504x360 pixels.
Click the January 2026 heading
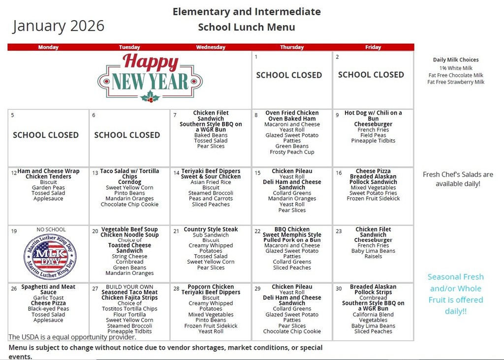pos(59,26)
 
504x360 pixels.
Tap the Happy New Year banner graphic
pos(150,78)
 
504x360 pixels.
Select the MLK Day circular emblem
pos(50,257)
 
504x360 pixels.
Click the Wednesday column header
pos(211,47)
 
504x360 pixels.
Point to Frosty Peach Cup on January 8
pos(292,152)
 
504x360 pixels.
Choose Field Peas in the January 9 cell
pos(373,135)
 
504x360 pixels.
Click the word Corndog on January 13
pos(129,182)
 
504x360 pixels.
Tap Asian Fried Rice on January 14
pos(211,182)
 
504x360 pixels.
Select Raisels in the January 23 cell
pos(373,256)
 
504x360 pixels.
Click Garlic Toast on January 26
pos(48,298)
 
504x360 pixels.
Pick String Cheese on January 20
pos(129,256)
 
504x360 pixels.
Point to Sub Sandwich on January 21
pos(211,235)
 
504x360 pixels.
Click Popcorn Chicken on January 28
pos(211,287)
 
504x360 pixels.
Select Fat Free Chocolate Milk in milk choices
pos(456,75)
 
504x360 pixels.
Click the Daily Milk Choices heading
pos(456,60)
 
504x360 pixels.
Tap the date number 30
pos(339,289)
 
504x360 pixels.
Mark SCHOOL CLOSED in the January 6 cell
pos(127,135)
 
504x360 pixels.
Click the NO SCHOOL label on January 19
pos(51,230)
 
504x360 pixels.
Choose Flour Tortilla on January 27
pos(129,314)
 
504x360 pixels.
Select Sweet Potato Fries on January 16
pos(373,193)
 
